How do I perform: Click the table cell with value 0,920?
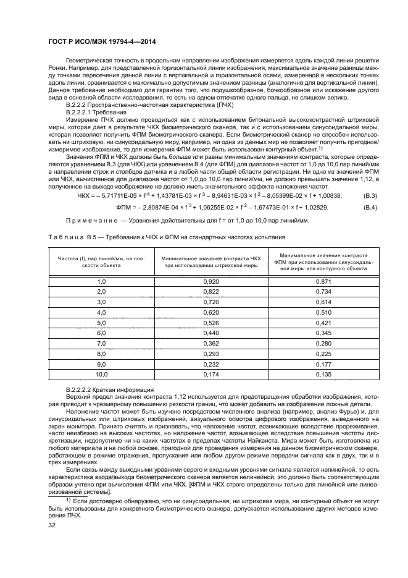pos(210,281)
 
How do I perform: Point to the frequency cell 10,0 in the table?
pos(101,375)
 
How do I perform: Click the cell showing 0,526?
pos(210,323)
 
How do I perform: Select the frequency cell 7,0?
pos(101,344)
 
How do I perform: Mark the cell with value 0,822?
pos(210,292)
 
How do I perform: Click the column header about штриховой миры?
pos(210,260)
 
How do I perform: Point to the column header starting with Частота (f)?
pos(101,260)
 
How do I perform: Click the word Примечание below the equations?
pos(91,221)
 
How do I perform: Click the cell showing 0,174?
pos(210,375)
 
